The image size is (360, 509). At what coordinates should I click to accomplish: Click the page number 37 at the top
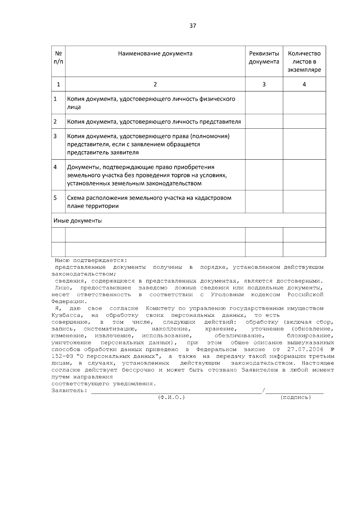click(x=193, y=26)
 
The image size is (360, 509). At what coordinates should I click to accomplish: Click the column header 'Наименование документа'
click(x=155, y=54)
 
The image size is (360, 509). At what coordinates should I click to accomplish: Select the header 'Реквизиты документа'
click(x=264, y=58)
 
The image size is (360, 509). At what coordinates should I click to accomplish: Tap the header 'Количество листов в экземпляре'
click(x=304, y=61)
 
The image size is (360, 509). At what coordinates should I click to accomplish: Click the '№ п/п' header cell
click(x=58, y=58)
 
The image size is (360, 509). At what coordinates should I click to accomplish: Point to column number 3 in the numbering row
click(x=264, y=84)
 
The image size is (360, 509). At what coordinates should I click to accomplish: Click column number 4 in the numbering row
click(x=304, y=84)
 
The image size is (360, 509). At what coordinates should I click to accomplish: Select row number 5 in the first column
click(x=55, y=198)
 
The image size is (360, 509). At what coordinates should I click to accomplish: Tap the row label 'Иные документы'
click(x=78, y=221)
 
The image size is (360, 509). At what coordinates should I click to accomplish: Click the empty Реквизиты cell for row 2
click(x=264, y=121)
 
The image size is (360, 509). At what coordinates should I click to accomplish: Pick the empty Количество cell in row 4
click(x=304, y=175)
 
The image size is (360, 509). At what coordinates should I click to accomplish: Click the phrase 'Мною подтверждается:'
click(x=91, y=260)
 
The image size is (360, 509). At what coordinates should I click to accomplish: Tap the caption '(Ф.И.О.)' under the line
click(x=171, y=397)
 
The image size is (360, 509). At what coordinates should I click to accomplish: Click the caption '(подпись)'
click(x=296, y=397)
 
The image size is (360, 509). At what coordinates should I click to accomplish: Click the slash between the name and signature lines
click(x=263, y=391)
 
